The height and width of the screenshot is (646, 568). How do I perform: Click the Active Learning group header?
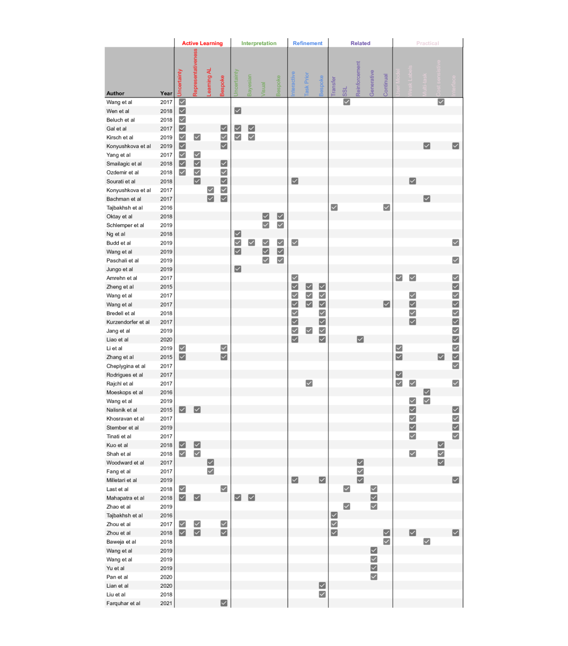(x=202, y=43)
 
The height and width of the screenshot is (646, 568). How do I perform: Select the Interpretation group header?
(x=259, y=43)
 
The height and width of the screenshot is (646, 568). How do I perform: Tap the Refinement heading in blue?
(x=307, y=43)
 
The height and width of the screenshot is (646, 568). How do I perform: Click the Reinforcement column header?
(x=358, y=78)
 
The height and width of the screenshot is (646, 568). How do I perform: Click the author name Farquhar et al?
(x=123, y=604)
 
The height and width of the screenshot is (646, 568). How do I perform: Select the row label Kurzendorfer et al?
(x=128, y=322)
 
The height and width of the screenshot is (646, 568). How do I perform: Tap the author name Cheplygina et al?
(x=126, y=366)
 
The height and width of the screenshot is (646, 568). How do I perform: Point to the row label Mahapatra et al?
(x=125, y=498)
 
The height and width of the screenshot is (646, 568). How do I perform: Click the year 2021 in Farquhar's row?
(x=166, y=604)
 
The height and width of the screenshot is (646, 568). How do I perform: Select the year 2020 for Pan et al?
(x=166, y=577)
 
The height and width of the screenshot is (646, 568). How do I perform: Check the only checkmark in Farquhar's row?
(x=224, y=603)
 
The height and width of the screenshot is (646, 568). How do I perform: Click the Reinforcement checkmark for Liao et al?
(x=360, y=339)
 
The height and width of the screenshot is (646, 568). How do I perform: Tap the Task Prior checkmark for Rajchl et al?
(x=309, y=383)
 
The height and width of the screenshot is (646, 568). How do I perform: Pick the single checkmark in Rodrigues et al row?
(x=399, y=375)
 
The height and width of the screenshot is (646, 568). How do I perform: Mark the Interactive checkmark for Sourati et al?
(x=295, y=181)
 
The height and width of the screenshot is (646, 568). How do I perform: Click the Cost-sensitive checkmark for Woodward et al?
(x=441, y=462)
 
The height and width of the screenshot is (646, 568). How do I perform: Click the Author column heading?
(x=116, y=93)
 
